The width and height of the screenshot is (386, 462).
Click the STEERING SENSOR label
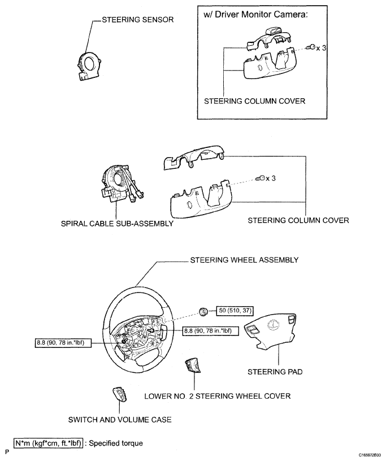click(x=138, y=20)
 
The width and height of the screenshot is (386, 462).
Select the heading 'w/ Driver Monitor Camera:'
click(x=255, y=15)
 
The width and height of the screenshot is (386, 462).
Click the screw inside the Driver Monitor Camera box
click(x=310, y=47)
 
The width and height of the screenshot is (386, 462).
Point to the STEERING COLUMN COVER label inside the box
click(x=255, y=101)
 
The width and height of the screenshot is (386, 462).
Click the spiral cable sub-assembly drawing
click(x=120, y=184)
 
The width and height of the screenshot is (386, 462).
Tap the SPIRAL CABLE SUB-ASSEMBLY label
click(x=117, y=224)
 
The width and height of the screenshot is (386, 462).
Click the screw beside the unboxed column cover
click(x=260, y=178)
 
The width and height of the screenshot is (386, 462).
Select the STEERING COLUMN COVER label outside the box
click(x=298, y=220)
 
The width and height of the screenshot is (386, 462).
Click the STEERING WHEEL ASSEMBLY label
click(x=244, y=260)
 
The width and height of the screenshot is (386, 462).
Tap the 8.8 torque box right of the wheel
click(x=207, y=331)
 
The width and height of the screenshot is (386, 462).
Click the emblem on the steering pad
click(x=273, y=325)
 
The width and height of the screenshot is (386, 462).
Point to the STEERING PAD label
click(x=275, y=372)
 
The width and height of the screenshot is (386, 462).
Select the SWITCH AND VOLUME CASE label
click(x=120, y=420)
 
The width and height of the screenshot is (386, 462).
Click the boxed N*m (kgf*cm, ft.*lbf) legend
click(x=48, y=443)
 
